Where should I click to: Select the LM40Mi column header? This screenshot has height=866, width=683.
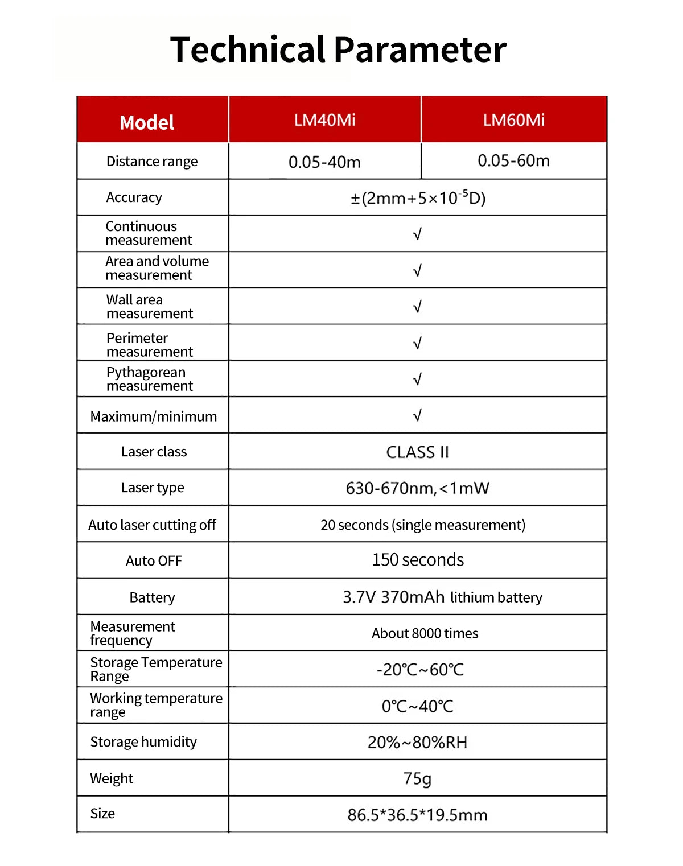[324, 120]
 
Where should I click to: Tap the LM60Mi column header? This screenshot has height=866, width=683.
[513, 120]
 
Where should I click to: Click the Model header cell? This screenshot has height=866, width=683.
[147, 122]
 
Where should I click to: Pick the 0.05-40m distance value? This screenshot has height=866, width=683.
[324, 162]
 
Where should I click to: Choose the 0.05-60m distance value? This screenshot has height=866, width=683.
[513, 161]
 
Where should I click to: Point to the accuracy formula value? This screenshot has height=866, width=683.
[418, 198]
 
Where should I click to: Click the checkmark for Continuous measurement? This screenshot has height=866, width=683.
[417, 234]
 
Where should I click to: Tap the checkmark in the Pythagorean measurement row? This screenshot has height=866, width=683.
[417, 380]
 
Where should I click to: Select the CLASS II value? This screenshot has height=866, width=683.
[417, 452]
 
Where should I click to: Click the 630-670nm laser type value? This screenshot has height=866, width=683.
[417, 488]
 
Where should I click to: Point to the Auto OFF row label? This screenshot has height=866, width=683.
[154, 561]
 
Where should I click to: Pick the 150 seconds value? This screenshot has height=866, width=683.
[418, 560]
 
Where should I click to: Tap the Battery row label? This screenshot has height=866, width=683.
[152, 597]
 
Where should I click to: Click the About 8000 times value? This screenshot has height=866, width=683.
[425, 633]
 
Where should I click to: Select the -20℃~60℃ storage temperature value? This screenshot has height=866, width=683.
[420, 670]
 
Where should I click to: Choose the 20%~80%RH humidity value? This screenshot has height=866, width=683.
[417, 743]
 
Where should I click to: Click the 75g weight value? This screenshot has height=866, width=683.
[417, 778]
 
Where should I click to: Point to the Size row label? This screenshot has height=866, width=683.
[102, 814]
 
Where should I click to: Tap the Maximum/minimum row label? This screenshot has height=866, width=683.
[153, 416]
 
